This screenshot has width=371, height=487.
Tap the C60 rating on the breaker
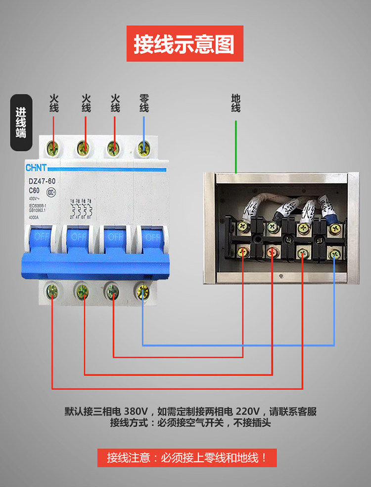point(34,190)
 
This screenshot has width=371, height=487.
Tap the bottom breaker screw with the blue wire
point(143,290)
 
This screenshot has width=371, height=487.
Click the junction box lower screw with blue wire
point(334,253)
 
